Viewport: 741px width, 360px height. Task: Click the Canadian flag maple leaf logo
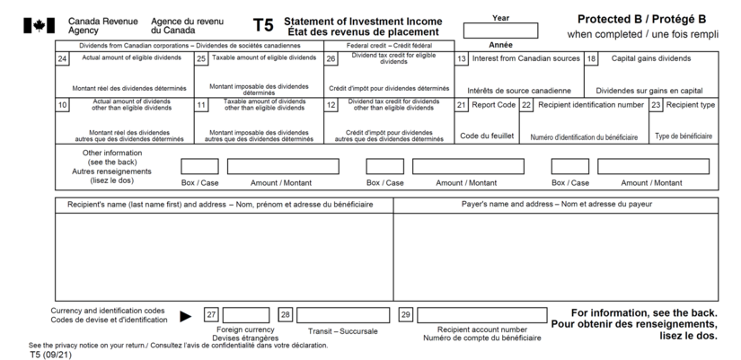tap(40, 25)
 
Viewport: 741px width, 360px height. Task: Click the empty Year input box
tap(500, 31)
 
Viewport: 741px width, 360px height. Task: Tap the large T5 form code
tap(263, 25)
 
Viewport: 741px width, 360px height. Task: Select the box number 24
tap(62, 59)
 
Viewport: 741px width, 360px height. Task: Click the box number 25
tap(201, 59)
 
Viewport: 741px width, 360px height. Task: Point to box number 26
tap(331, 59)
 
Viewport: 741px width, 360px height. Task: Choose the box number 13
tap(462, 59)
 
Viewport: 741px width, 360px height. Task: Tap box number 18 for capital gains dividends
tap(592, 59)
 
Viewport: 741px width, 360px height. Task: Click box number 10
tap(62, 105)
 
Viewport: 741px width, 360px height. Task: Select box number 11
tap(201, 105)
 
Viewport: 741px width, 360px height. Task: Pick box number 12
tap(331, 105)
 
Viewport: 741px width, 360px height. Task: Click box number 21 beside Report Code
tap(462, 105)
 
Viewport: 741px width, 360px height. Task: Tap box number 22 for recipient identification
tap(526, 105)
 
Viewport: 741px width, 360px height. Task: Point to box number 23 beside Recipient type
tap(656, 105)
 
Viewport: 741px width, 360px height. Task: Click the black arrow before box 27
tap(186, 317)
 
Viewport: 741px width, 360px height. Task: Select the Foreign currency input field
tap(246, 315)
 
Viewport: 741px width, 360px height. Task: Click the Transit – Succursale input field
tap(343, 315)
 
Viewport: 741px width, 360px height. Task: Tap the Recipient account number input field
tap(482, 315)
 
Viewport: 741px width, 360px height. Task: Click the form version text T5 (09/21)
tap(50, 355)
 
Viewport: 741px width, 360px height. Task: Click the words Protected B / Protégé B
tap(642, 20)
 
